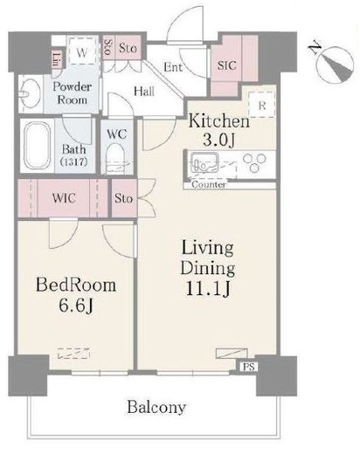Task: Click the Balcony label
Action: coord(156,408)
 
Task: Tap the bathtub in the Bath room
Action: coord(37,146)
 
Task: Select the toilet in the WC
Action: coord(115,159)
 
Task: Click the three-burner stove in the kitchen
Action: coord(254,162)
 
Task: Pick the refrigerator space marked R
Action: coord(262,105)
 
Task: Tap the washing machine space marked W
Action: coord(82,52)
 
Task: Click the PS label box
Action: coord(249,367)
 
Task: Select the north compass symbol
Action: coord(335,63)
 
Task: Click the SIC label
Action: coord(226,65)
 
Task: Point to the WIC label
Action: coord(64,198)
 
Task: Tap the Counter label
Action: coord(209,184)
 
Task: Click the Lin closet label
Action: coord(57,58)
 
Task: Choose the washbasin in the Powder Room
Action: coord(30,93)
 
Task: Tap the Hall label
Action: coord(144,92)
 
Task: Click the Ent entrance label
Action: coord(173,67)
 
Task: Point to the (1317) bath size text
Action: coord(74,162)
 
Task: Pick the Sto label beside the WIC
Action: coord(123,198)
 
